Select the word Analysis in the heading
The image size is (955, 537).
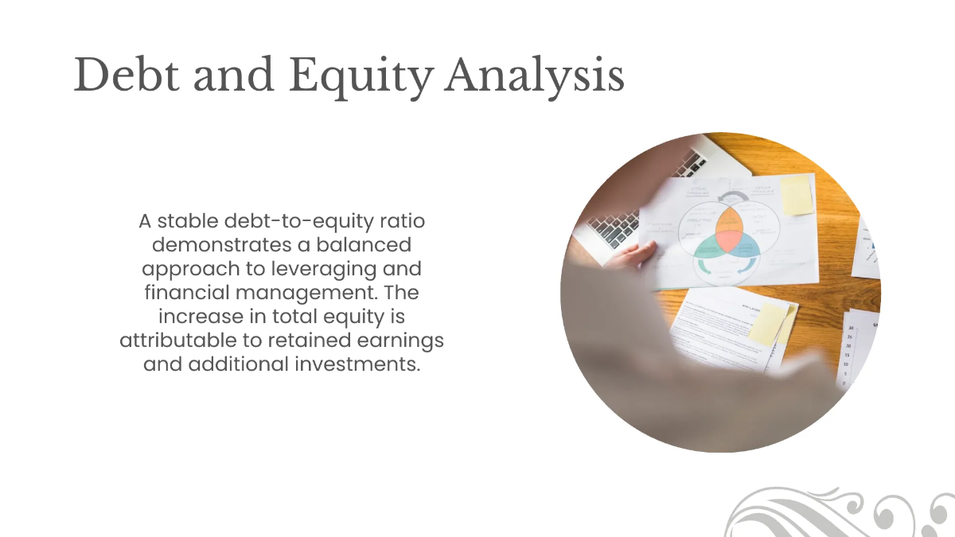(x=534, y=77)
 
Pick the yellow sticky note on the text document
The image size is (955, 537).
(x=767, y=324)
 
